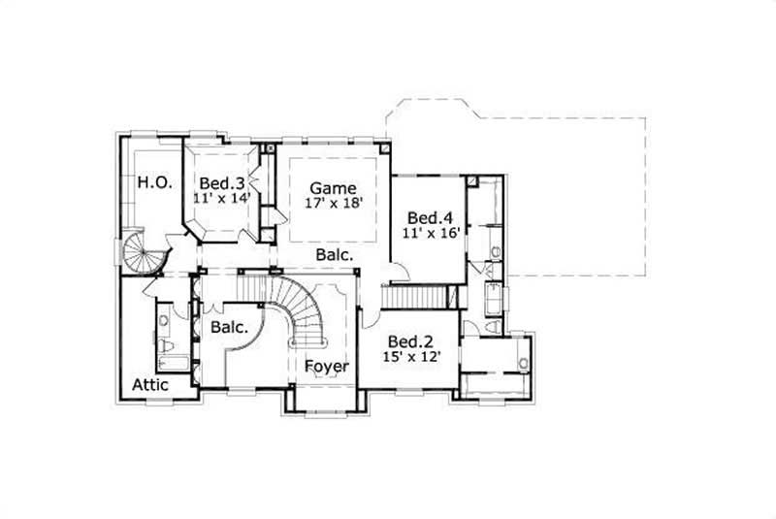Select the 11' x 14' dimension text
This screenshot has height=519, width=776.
[222, 198]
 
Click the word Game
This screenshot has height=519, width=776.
[333, 188]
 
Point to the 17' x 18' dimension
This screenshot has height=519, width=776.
[333, 205]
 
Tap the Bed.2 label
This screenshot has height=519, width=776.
[409, 341]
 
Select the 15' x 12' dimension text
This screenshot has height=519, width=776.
[409, 357]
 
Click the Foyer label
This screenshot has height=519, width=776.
[327, 367]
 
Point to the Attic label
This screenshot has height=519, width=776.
[150, 385]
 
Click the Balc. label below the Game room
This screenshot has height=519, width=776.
[332, 254]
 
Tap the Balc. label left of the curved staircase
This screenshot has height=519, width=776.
[230, 328]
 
